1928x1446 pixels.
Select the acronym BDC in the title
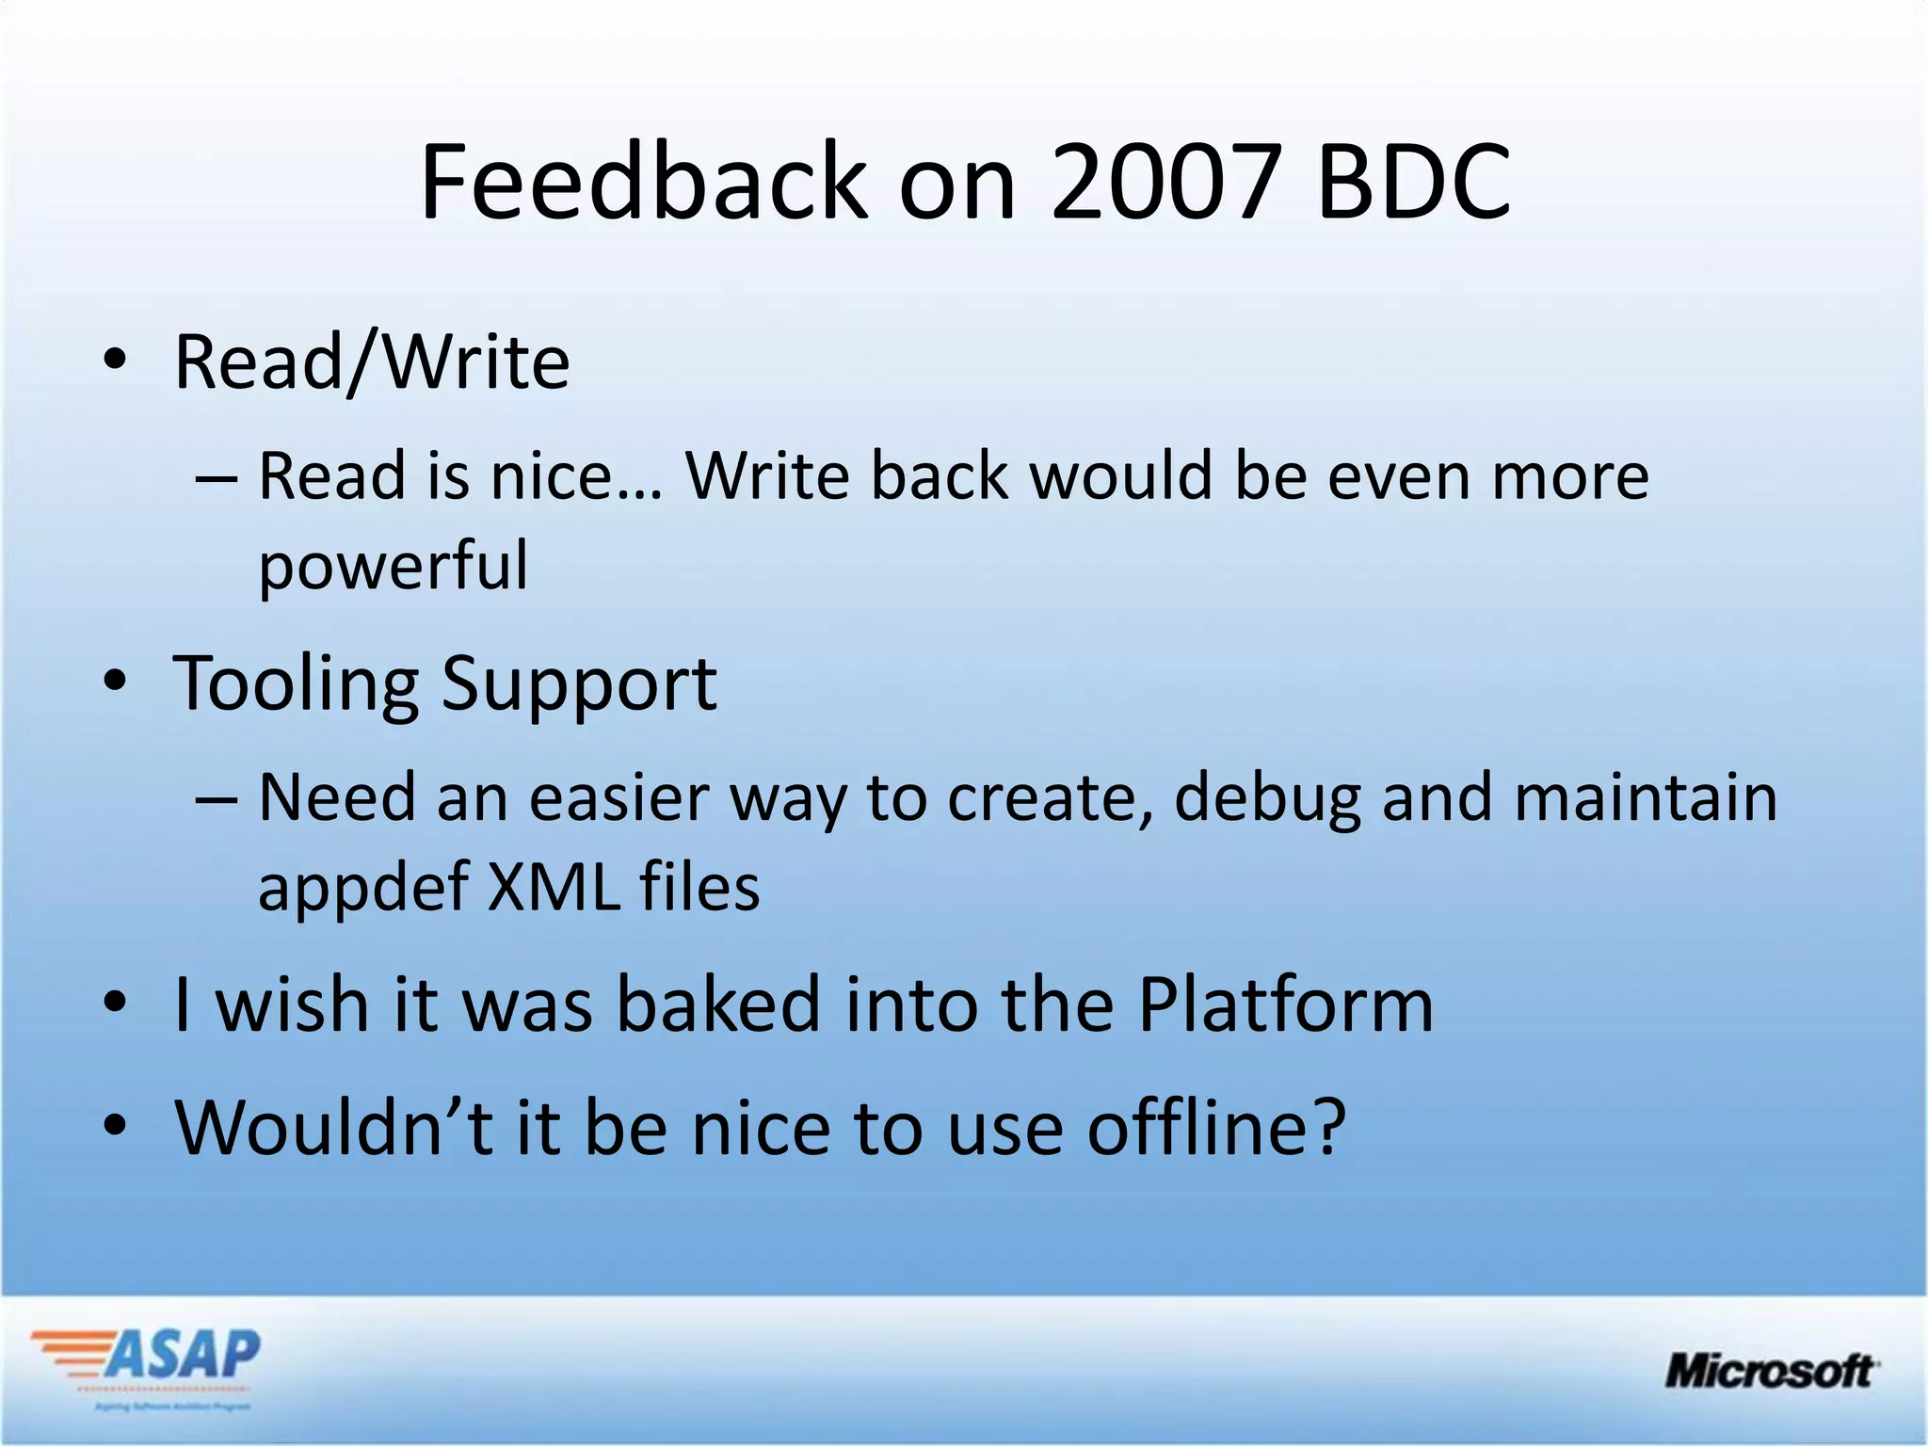tap(1413, 181)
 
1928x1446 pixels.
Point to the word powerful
tap(394, 567)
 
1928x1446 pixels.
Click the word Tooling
tap(296, 683)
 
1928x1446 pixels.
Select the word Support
tap(578, 685)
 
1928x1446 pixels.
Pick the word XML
tap(554, 887)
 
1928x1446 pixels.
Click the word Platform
tap(1285, 1004)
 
